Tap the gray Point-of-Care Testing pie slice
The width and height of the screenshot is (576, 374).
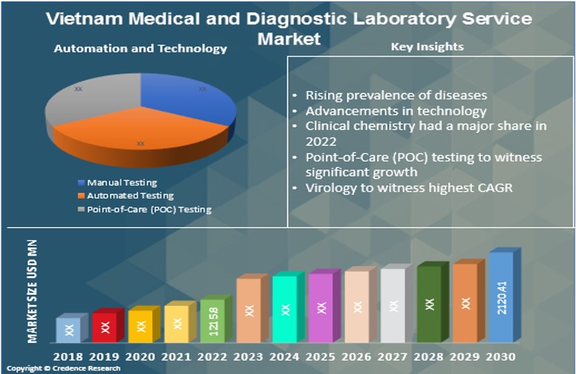(85, 100)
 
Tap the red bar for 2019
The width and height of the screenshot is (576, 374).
(105, 327)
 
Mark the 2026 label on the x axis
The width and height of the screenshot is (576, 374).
(357, 356)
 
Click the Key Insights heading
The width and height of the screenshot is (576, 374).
(427, 47)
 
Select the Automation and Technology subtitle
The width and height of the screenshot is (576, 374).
(140, 49)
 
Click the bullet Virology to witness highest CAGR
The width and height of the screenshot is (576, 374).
(409, 187)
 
